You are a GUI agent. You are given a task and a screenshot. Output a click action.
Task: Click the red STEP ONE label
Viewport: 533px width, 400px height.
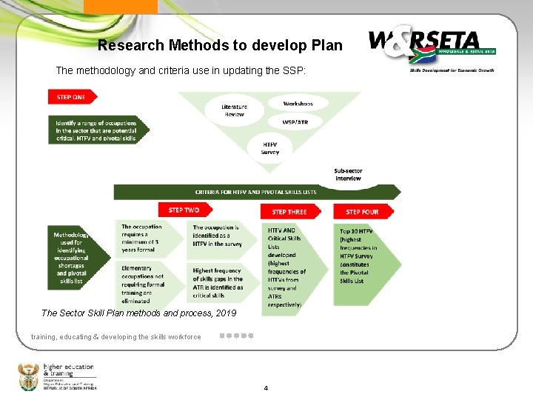coord(72,97)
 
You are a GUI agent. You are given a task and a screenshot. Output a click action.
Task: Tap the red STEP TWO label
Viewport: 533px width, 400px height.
coord(184,210)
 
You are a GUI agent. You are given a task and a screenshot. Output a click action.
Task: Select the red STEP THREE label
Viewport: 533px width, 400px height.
coord(289,212)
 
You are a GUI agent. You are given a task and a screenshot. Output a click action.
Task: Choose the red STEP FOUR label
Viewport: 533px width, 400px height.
coord(362,212)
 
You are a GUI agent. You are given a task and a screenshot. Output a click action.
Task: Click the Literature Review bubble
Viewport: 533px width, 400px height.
coord(234,110)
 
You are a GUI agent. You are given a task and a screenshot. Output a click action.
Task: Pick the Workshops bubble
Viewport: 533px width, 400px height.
coord(298,104)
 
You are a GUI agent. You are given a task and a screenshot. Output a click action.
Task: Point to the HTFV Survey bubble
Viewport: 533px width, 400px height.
coord(270,148)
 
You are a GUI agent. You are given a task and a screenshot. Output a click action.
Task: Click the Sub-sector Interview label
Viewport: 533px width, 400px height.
coord(348,174)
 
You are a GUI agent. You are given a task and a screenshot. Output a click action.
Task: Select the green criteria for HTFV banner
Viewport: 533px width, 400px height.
coord(255,192)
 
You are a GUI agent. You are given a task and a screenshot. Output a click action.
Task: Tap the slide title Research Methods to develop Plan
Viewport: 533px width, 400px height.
coord(220,45)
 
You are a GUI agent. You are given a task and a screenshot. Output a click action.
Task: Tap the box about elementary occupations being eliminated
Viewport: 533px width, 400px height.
coord(147,284)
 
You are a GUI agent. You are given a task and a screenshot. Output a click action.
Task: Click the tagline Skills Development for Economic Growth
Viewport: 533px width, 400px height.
coord(452,70)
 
